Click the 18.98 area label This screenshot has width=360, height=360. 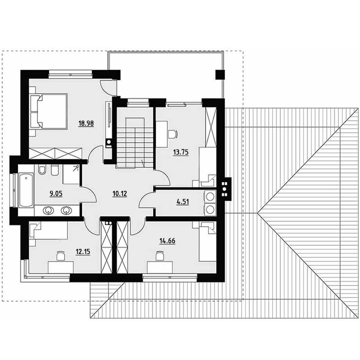pos(86,123)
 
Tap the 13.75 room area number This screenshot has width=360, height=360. pos(181,152)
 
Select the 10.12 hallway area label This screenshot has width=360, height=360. pos(120,194)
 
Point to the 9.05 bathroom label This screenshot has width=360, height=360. pos(56,194)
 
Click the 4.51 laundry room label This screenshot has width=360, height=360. pos(183,202)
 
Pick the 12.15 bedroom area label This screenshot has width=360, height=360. pos(83,252)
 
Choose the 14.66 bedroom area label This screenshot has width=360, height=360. pos(167,241)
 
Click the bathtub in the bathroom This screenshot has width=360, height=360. pos(26,190)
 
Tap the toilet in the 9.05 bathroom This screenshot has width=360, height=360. pos(42,170)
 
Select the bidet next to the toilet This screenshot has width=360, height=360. pos(54,170)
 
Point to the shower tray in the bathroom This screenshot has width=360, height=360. pos(71,174)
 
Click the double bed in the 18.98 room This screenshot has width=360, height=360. pos(49,111)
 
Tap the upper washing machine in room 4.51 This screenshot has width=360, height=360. pos(210,197)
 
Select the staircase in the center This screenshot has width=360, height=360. pos(135,142)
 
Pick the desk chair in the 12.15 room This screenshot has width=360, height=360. pos(61,256)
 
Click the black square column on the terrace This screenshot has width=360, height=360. pos(220,75)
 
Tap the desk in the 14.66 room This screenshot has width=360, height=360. pos(160,267)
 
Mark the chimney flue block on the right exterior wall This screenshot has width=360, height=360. pos(225,189)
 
